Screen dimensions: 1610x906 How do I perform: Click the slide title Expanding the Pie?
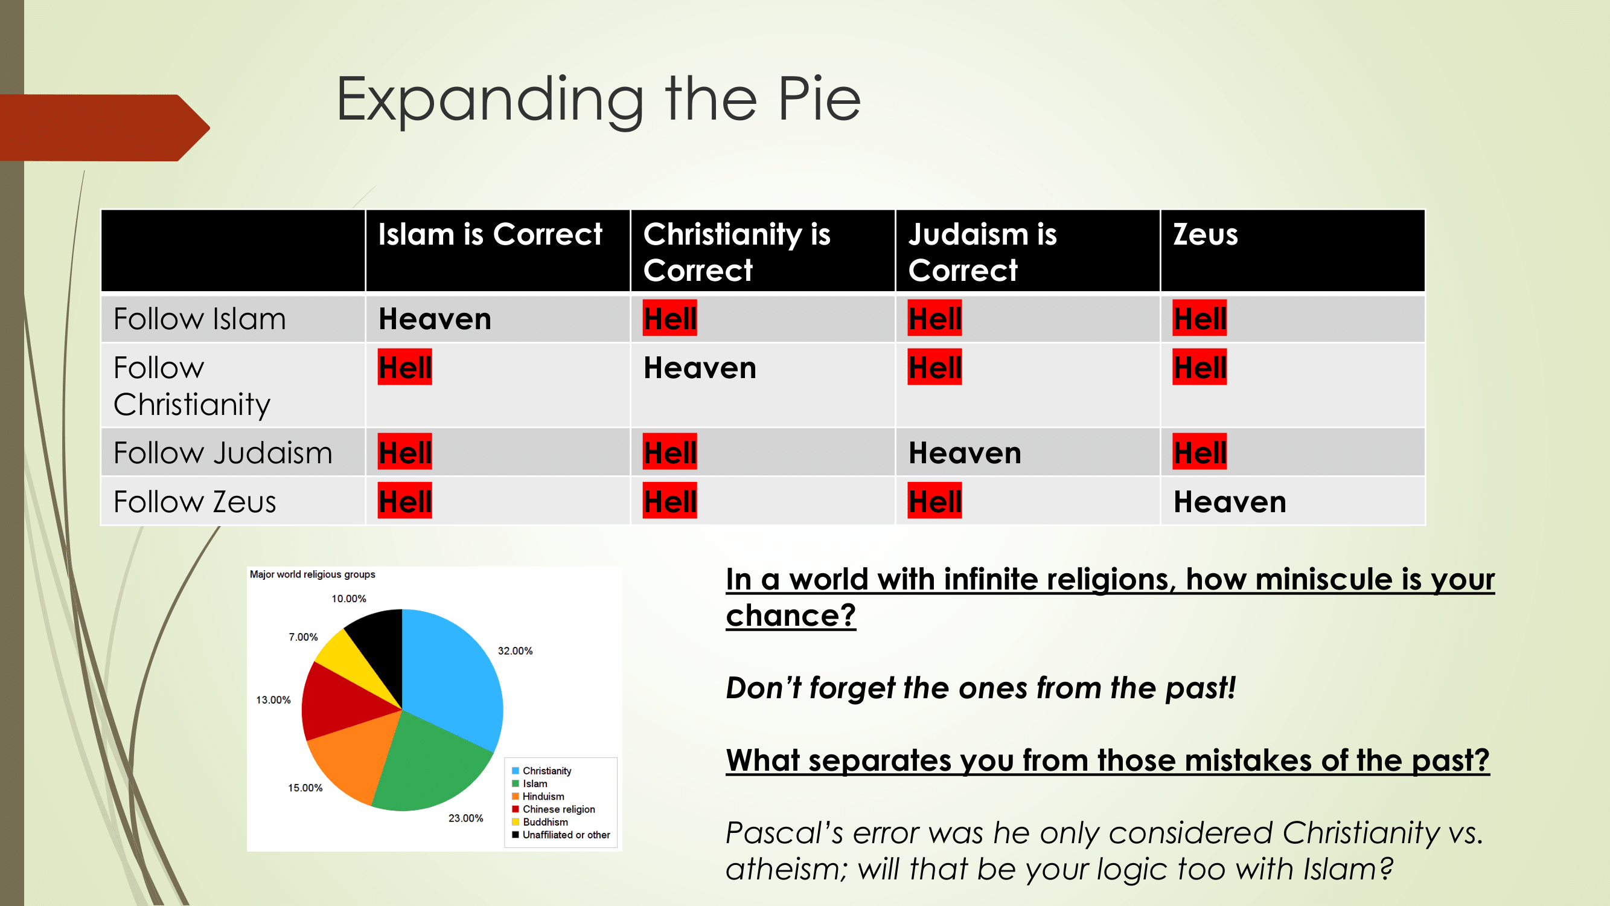(598, 100)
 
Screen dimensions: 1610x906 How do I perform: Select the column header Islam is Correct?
(490, 234)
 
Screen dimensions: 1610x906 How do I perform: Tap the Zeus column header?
(1205, 234)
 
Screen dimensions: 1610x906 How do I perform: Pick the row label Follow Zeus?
(194, 501)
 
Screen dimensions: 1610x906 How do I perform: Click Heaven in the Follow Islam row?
(435, 319)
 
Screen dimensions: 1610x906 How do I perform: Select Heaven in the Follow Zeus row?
(1229, 502)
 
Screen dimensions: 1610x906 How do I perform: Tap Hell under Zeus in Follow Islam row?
(1200, 318)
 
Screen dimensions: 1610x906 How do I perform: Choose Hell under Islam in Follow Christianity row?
(405, 367)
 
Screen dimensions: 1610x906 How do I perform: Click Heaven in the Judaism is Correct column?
(965, 454)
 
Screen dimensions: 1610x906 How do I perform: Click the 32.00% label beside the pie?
(515, 651)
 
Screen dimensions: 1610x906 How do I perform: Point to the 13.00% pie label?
(273, 699)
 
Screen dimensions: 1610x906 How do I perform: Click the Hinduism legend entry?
(538, 796)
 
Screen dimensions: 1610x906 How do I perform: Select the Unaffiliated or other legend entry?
(561, 835)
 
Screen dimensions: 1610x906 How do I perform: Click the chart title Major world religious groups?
(313, 574)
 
